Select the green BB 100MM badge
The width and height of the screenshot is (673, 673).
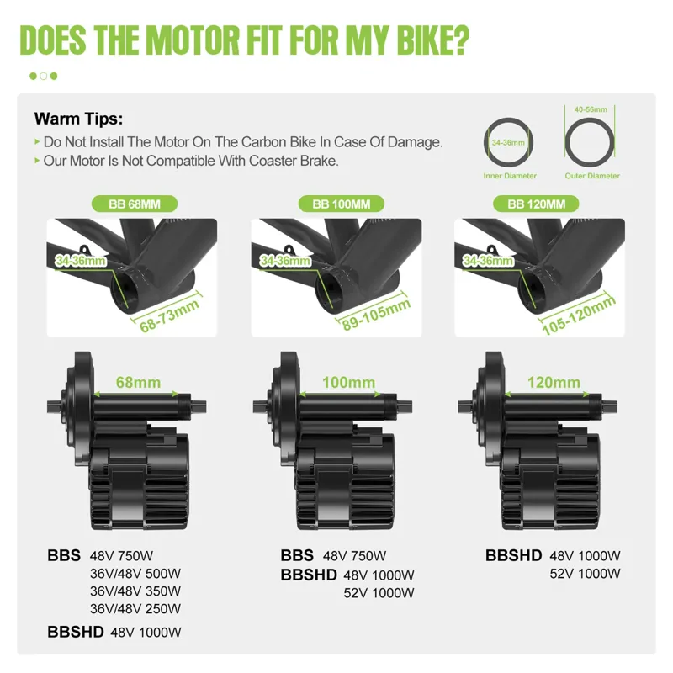click(x=341, y=204)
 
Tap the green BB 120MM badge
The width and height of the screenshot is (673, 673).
click(x=542, y=204)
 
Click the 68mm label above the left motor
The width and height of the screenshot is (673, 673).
click(x=139, y=383)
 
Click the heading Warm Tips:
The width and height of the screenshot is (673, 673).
click(x=78, y=119)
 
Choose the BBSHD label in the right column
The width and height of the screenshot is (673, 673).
click(x=514, y=555)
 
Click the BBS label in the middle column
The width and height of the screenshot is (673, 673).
click(x=297, y=555)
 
